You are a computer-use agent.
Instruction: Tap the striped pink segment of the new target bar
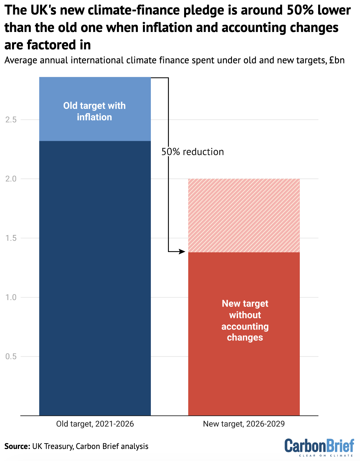[x=244, y=215]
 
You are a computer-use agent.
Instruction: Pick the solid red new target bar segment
[x=244, y=374]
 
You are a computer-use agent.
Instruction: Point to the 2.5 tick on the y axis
[x=11, y=120]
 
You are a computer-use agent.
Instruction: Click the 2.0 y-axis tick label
[x=11, y=179]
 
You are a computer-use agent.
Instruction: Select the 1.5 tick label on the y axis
[x=11, y=238]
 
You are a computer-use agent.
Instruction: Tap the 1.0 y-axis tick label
[x=11, y=297]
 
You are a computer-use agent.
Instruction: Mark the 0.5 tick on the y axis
[x=11, y=357]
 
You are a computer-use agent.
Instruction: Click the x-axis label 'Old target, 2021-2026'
[x=95, y=424]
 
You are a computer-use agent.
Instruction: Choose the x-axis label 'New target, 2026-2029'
[x=244, y=424]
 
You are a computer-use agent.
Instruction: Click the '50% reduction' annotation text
[x=193, y=152]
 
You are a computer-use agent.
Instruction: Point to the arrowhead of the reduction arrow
[x=183, y=252]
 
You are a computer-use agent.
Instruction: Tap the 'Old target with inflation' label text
[x=94, y=111]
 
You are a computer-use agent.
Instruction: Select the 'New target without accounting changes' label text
[x=245, y=320]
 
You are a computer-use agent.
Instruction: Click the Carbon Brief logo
[x=319, y=447]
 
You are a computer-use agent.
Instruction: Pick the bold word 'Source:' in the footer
[x=17, y=446]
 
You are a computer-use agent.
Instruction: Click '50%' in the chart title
[x=300, y=11]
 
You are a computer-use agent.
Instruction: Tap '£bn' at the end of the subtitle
[x=337, y=60]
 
